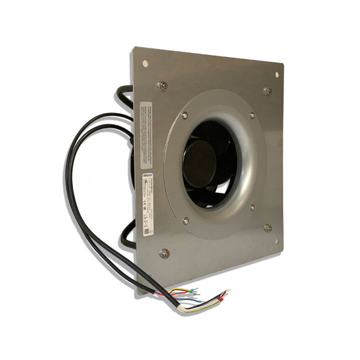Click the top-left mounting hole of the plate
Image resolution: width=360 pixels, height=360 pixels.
(145, 63)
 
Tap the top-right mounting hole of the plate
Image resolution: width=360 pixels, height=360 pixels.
(277, 75)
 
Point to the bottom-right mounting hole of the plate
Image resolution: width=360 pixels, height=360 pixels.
(277, 242)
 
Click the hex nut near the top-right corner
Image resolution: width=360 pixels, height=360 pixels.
(267, 91)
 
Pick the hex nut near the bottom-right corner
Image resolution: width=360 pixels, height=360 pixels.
(267, 228)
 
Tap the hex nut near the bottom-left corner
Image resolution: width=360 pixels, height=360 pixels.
(164, 253)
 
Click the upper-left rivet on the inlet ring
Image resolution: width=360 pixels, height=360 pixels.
(184, 116)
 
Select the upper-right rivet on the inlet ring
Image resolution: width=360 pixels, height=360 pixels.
(252, 115)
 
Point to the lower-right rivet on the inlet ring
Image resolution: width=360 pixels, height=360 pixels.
(252, 208)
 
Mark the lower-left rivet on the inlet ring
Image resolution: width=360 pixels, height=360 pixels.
(185, 220)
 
